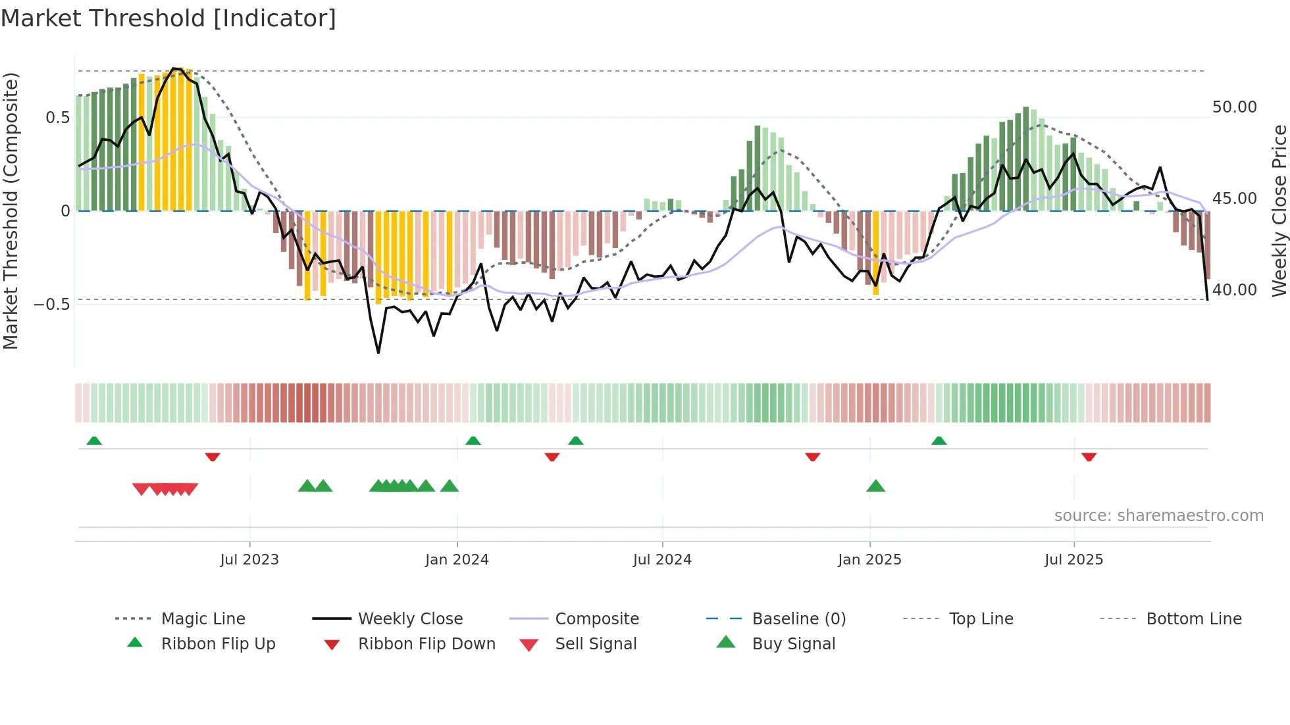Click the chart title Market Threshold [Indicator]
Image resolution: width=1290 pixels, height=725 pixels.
(x=168, y=18)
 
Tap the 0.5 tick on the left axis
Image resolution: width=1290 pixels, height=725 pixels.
(x=57, y=118)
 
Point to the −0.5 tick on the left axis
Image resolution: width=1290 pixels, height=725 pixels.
(x=52, y=304)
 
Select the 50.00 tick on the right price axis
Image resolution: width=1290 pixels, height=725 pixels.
(x=1234, y=107)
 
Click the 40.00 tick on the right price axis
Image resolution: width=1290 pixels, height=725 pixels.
(x=1234, y=290)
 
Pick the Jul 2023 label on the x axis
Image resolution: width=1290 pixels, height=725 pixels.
(x=249, y=560)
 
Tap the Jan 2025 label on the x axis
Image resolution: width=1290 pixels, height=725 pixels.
(x=869, y=560)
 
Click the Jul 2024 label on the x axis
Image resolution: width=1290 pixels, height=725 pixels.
(x=662, y=560)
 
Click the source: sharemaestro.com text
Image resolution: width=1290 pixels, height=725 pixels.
(x=1158, y=516)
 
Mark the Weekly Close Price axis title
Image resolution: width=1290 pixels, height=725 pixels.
(x=1279, y=211)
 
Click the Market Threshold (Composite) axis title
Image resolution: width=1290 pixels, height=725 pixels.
(x=11, y=211)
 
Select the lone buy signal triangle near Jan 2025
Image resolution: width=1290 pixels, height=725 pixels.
(x=875, y=486)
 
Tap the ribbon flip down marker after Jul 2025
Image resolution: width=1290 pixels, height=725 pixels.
(x=1089, y=457)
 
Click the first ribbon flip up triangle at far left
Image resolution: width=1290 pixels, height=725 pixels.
(x=94, y=440)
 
